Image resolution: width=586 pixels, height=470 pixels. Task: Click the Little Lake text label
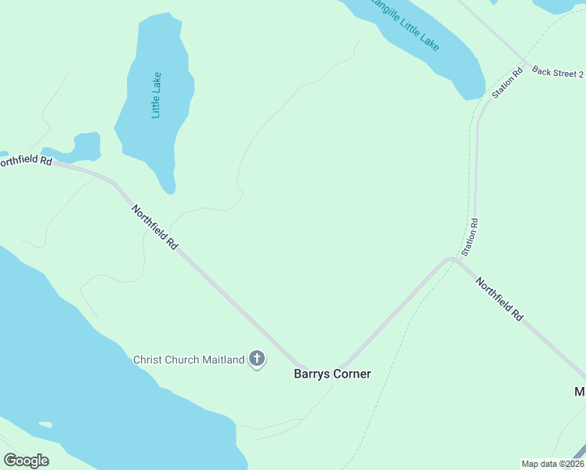[157, 95]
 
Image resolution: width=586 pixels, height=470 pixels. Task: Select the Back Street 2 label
[558, 72]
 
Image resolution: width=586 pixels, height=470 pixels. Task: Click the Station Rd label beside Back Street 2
[507, 83]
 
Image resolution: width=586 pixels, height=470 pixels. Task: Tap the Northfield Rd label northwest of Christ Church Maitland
[154, 227]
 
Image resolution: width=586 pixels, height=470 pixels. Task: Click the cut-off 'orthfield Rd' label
[25, 161]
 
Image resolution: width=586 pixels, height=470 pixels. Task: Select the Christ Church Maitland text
[189, 360]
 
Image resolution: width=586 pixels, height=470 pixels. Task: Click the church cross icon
[256, 360]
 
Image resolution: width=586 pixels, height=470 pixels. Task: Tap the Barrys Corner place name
[332, 374]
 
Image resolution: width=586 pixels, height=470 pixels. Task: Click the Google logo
[26, 461]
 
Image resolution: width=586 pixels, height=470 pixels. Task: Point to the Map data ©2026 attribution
[552, 464]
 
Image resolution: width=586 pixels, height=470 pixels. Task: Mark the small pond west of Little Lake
[86, 145]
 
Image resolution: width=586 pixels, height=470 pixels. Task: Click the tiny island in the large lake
[45, 425]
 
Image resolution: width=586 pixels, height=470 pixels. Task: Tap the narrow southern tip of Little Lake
[168, 187]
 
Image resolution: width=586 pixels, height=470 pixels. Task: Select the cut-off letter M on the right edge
[581, 392]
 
